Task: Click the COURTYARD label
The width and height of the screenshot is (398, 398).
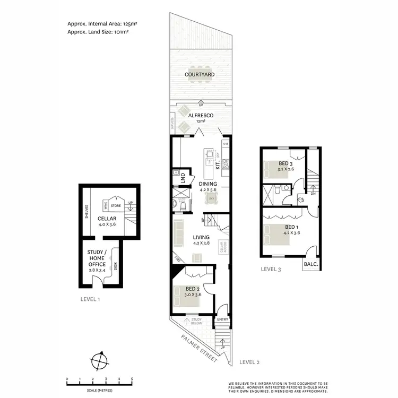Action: [200, 75]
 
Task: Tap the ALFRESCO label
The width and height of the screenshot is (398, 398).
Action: [201, 114]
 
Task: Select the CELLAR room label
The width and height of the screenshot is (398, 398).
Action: [107, 218]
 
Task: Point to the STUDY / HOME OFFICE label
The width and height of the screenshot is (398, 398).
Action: [97, 258]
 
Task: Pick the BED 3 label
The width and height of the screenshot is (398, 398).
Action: [284, 163]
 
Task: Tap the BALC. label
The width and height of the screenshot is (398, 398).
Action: [310, 264]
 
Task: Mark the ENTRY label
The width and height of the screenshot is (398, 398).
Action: [221, 319]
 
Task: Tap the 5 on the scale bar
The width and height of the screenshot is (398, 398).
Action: [132, 379]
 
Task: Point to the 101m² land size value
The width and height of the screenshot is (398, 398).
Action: [120, 32]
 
